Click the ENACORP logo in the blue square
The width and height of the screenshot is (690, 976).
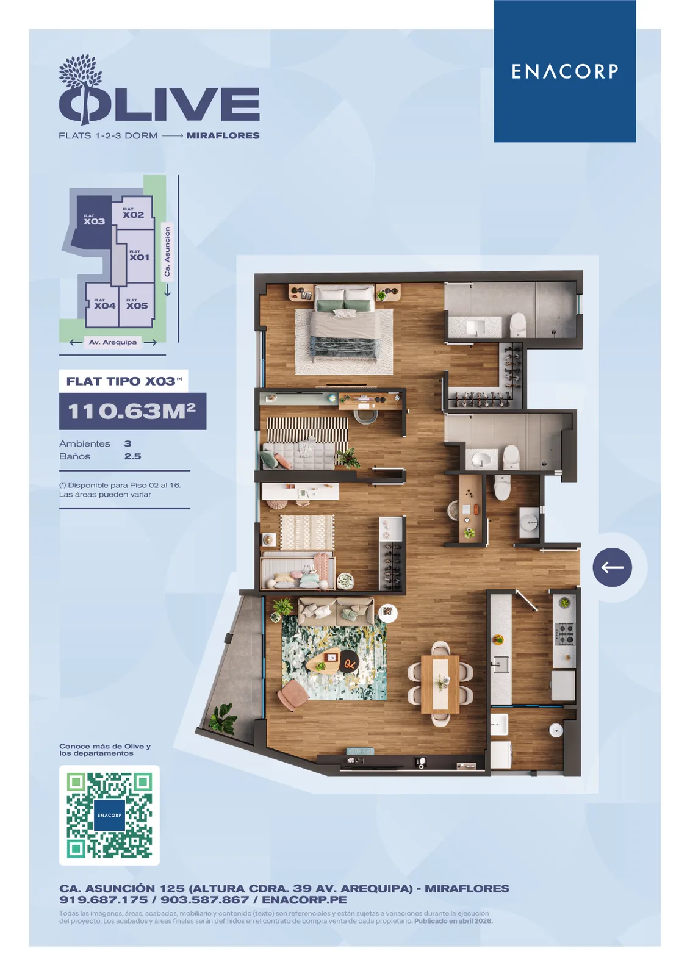pos(564,71)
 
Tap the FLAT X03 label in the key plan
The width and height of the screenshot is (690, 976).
pos(94,220)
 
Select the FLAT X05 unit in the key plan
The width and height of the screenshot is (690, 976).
pos(137,304)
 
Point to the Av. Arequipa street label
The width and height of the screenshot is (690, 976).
pos(112,342)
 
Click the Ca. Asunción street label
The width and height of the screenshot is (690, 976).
pos(167,251)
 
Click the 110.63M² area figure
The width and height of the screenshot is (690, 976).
pos(132,411)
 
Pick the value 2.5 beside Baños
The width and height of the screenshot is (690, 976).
pos(132,456)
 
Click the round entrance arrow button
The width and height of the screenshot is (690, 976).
pos(612,567)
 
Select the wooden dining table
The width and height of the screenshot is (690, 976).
pos(440,684)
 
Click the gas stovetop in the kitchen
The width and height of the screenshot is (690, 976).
pos(564,634)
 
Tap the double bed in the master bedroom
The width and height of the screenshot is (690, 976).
pos(344,324)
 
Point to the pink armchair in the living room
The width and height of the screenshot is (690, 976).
pos(292,693)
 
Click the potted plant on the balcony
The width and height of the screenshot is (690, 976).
pos(223,717)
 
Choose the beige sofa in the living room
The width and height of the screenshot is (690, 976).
pos(336,610)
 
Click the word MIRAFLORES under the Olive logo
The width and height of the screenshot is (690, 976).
pos(223,135)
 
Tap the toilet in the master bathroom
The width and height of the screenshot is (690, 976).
pos(519,325)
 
